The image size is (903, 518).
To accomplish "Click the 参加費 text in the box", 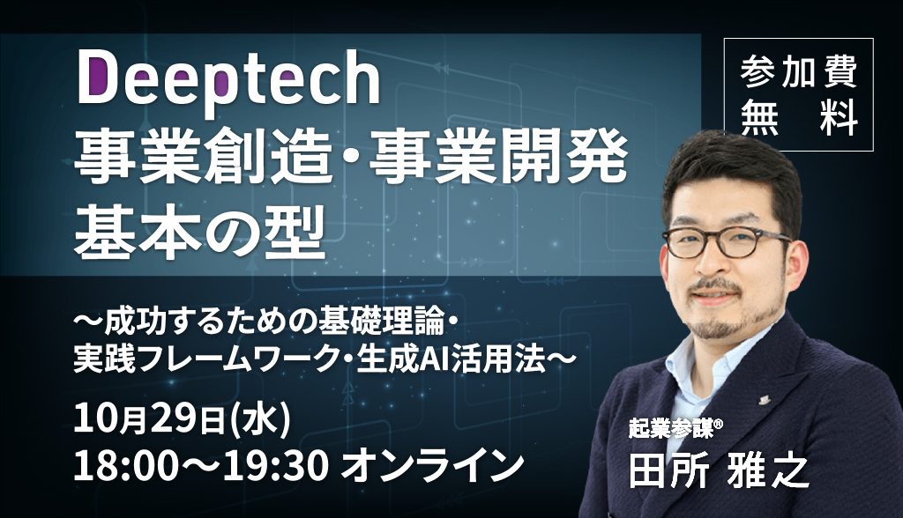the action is (x=799, y=72).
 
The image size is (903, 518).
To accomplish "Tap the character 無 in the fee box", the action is (x=759, y=119).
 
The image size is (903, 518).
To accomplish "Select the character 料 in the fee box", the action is (x=840, y=119).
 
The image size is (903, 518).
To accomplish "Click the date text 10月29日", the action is (x=149, y=419).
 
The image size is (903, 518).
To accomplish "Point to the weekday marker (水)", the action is (x=259, y=419).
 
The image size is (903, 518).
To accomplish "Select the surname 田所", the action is (x=668, y=472).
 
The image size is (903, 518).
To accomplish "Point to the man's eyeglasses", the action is (x=727, y=242).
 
